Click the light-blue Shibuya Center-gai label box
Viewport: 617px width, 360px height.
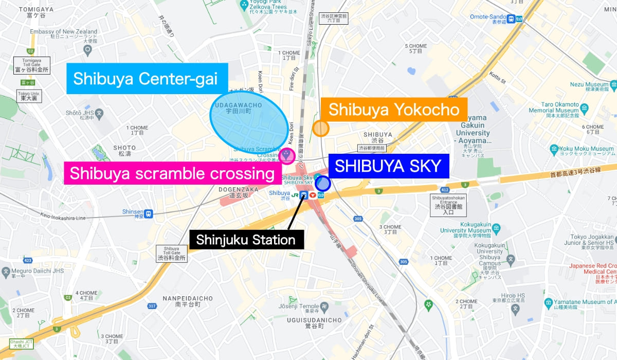146,79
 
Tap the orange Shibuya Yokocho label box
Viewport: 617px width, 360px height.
393,110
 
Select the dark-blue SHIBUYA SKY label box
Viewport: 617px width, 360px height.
388,166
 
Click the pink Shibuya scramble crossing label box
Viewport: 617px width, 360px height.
172,173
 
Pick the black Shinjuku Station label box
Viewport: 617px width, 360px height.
246,240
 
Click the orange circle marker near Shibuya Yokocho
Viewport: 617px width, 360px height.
321,128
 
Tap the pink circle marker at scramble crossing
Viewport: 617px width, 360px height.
287,155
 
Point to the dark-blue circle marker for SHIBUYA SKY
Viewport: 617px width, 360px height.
322,183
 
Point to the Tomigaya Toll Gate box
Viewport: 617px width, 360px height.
32,65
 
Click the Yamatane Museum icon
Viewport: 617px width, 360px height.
549,302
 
